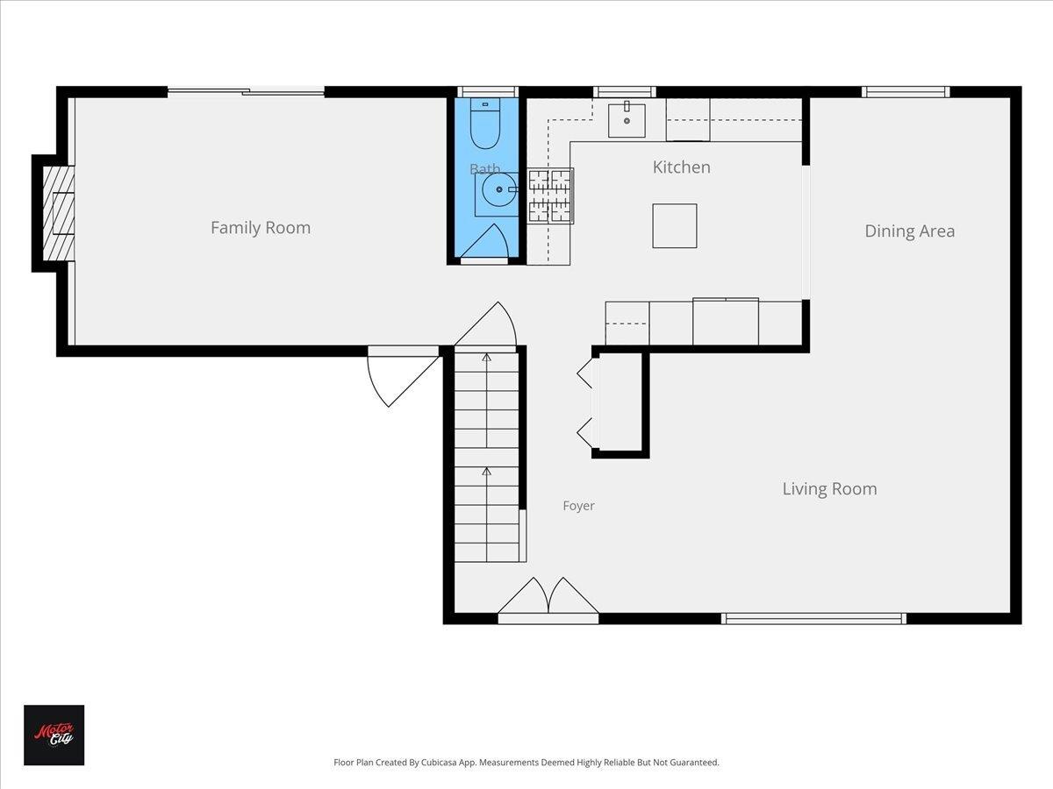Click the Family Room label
[x=261, y=228]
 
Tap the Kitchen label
[x=681, y=167]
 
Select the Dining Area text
[x=910, y=231]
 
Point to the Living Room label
[x=829, y=489]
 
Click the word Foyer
[x=578, y=506]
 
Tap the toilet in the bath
[x=485, y=123]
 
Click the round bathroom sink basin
[x=499, y=189]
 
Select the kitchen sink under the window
[x=627, y=120]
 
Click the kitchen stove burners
[x=550, y=195]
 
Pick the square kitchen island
[x=675, y=225]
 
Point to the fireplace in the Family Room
[x=58, y=213]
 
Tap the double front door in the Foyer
[x=548, y=600]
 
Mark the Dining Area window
[x=906, y=92]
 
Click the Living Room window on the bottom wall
[x=814, y=618]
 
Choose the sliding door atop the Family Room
[x=246, y=92]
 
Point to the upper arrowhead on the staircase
[x=487, y=357]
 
